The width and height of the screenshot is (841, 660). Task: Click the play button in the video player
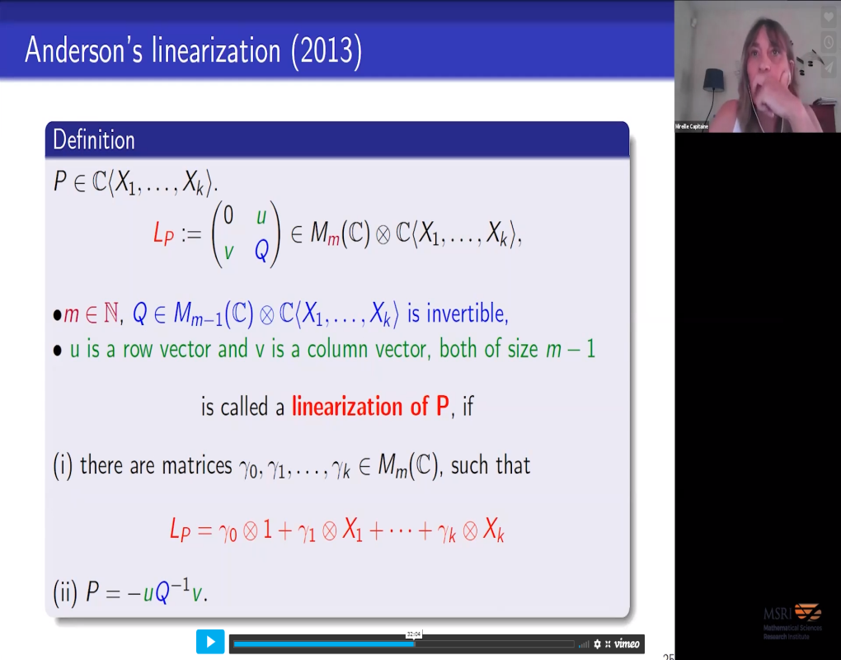tap(210, 641)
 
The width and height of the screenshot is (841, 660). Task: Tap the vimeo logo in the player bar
tap(627, 643)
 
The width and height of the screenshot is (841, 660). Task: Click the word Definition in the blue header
tap(94, 139)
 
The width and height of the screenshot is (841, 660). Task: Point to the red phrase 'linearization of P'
tap(371, 406)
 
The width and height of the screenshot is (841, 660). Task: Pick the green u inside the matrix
tap(261, 215)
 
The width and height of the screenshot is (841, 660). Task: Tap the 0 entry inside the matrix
tap(228, 215)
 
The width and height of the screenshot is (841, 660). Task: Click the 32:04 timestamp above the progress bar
tap(414, 634)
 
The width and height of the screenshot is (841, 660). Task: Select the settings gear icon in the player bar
tap(598, 643)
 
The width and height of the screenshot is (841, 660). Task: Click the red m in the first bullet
tap(71, 313)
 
